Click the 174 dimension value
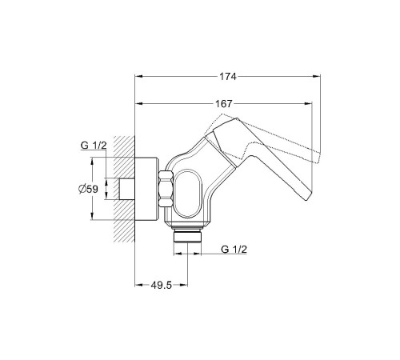click(x=228, y=77)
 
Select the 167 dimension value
click(x=224, y=103)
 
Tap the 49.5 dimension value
click(x=162, y=286)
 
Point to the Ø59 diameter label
click(x=88, y=189)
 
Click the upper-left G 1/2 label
click(x=94, y=146)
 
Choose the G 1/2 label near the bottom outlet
click(x=234, y=250)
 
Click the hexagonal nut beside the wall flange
click(x=166, y=189)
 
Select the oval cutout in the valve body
click(x=188, y=193)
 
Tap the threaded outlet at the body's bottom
click(x=187, y=234)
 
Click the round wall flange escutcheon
click(x=147, y=189)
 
